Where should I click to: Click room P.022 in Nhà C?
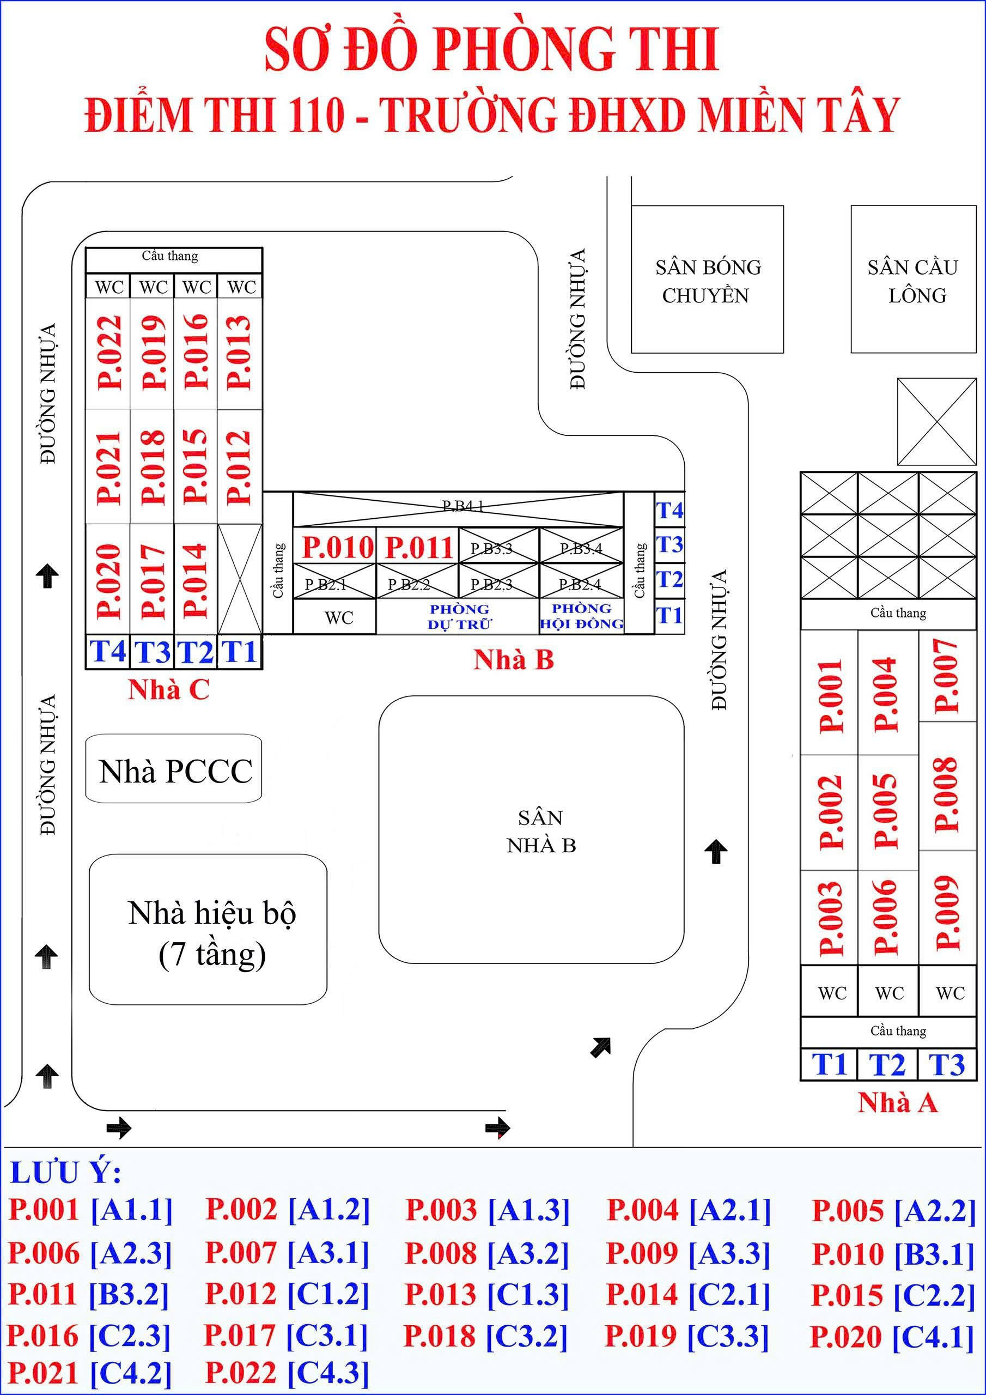click(x=109, y=353)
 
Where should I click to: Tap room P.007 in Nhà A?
click(x=947, y=676)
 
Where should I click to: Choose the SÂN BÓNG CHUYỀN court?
click(x=707, y=281)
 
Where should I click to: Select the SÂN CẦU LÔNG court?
click(x=913, y=281)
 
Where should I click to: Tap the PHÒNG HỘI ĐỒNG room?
click(x=581, y=616)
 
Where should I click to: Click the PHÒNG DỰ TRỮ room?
click(x=459, y=617)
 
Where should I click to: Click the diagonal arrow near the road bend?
click(x=600, y=1047)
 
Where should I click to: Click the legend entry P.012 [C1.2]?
click(x=287, y=1294)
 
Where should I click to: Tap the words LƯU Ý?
click(x=65, y=1173)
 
